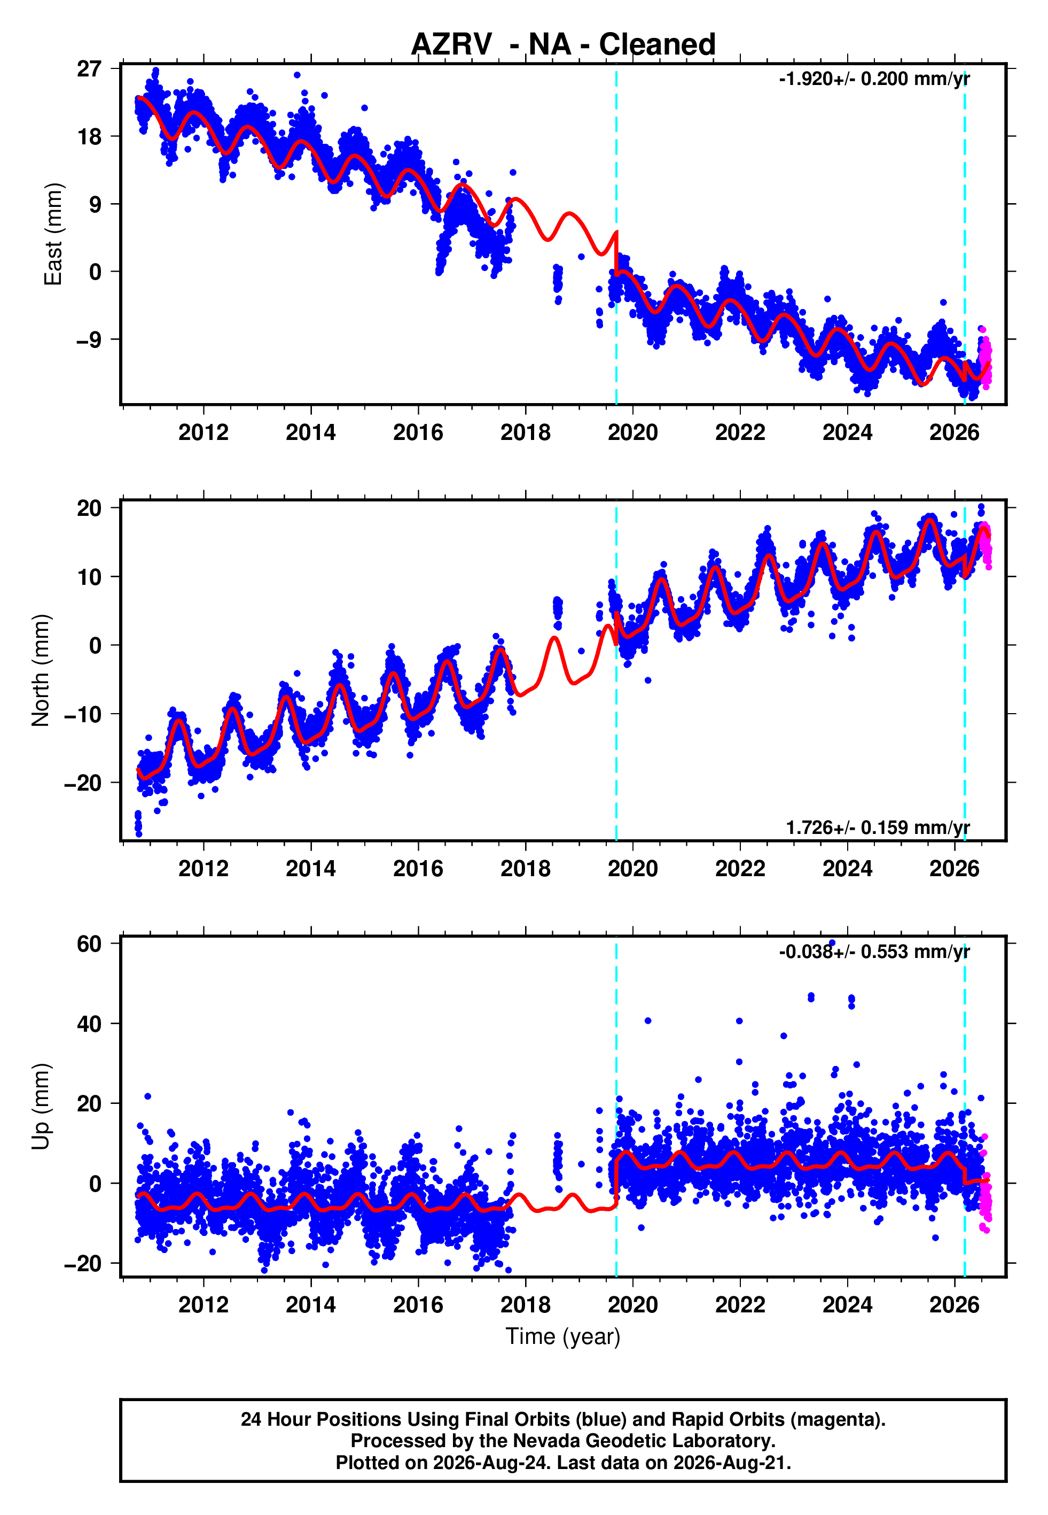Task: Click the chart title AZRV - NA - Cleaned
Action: point(563,45)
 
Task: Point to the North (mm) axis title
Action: point(41,670)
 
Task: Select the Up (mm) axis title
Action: point(41,1107)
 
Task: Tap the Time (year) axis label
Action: point(563,1336)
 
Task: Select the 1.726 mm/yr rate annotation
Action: point(878,827)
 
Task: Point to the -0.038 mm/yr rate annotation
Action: point(874,952)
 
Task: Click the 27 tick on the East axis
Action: point(89,68)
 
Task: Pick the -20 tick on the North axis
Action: point(83,783)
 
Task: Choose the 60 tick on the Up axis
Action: point(89,944)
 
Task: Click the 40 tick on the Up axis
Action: point(89,1024)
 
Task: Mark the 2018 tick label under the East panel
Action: point(525,432)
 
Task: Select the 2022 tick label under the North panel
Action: point(740,869)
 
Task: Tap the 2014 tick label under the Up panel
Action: point(310,1304)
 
